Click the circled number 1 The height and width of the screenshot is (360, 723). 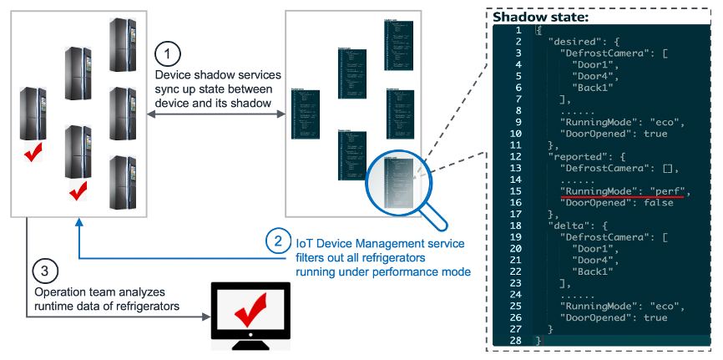pos(169,54)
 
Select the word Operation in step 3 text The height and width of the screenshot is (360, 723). pos(59,293)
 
